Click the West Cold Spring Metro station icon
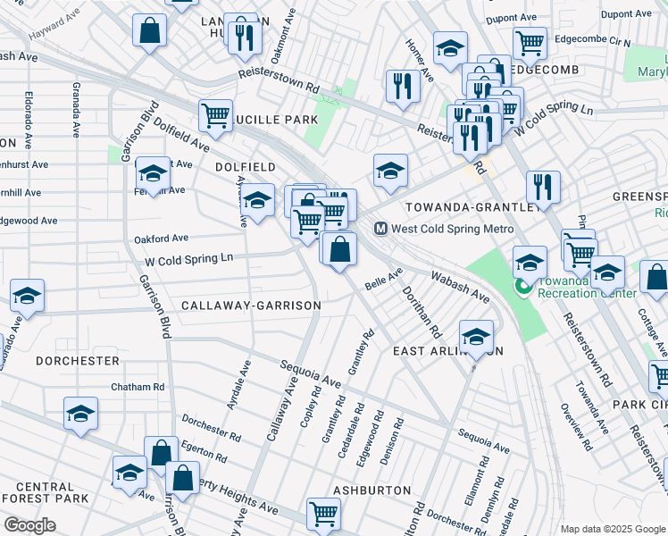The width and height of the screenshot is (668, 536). coord(380,229)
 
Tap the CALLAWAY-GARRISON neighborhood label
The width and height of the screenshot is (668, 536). coord(251,306)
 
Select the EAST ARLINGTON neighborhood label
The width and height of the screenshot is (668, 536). coord(448,351)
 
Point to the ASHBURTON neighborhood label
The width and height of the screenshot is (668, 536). coord(372,490)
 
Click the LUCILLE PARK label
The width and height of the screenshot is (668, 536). coord(277,120)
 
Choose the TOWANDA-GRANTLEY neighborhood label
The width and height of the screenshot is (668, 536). coord(472,206)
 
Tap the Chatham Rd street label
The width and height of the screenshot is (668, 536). coord(138,387)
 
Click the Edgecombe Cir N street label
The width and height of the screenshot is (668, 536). coord(592,42)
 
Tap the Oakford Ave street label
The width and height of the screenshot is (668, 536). coord(161,239)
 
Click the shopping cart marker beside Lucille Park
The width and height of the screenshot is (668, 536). coord(215,114)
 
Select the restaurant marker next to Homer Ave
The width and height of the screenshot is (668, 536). coord(403,86)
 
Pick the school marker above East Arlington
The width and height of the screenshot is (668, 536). coord(476,337)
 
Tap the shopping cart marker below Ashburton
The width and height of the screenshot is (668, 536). coord(323,513)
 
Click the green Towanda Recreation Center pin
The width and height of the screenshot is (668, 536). coord(524,288)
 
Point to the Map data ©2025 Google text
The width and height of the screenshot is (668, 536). coord(612,529)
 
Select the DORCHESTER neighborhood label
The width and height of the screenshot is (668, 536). coord(77,361)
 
